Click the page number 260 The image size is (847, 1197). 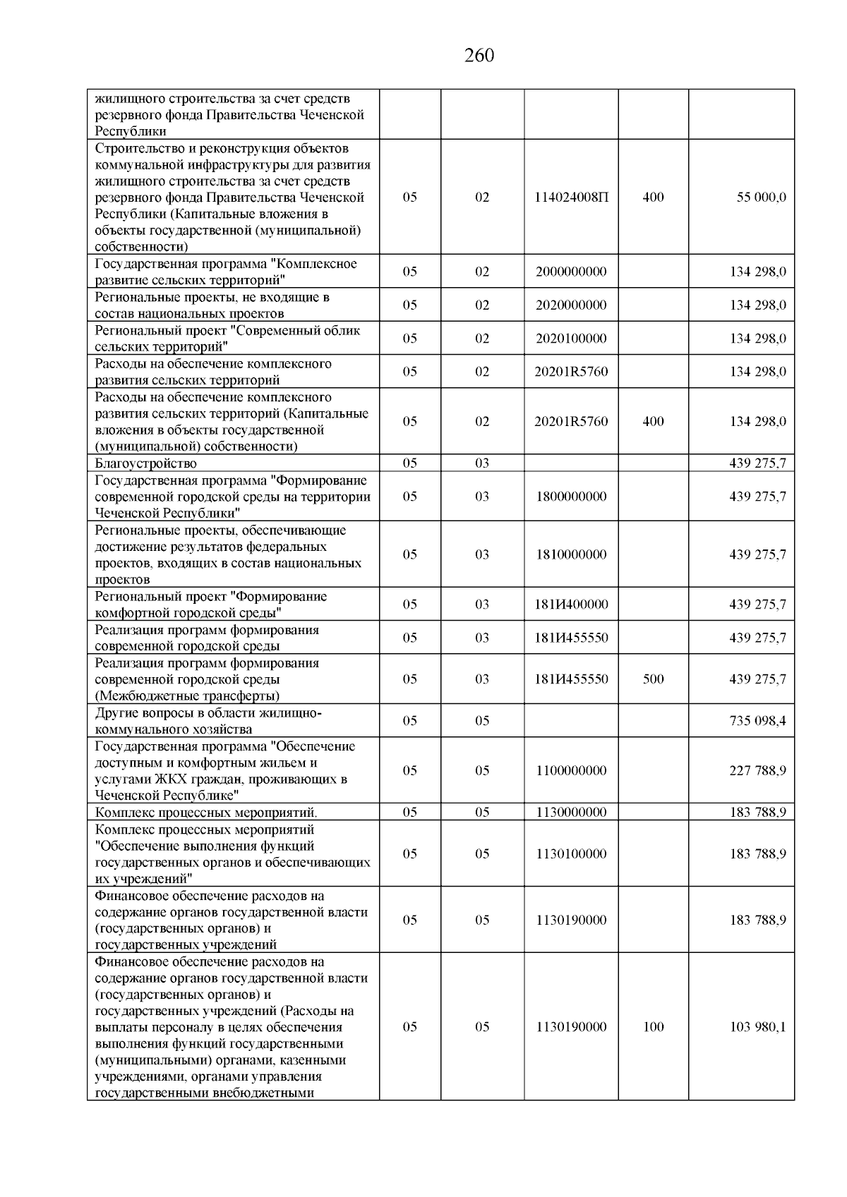pyautogui.click(x=479, y=56)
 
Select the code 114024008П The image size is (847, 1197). pyautogui.click(x=571, y=198)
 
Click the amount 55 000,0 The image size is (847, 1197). pyautogui.click(x=761, y=198)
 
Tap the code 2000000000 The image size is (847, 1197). pyautogui.click(x=571, y=272)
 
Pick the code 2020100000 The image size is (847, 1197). pyautogui.click(x=571, y=339)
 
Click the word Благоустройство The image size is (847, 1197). pyautogui.click(x=146, y=463)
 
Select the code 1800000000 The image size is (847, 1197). pyautogui.click(x=571, y=497)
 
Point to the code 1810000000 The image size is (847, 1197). pyautogui.click(x=571, y=554)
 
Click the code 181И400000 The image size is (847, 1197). pyautogui.click(x=571, y=604)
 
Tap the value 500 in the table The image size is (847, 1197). pyautogui.click(x=653, y=679)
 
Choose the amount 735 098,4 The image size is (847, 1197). pyautogui.click(x=757, y=721)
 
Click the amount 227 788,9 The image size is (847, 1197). pyautogui.click(x=757, y=771)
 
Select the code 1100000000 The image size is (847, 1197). pyautogui.click(x=571, y=771)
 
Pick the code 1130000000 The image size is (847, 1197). pyautogui.click(x=571, y=812)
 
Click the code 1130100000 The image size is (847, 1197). pyautogui.click(x=571, y=854)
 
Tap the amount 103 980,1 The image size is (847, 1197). pyautogui.click(x=757, y=1027)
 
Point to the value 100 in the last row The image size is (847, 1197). pyautogui.click(x=653, y=1027)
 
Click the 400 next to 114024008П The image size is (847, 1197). pyautogui.click(x=653, y=198)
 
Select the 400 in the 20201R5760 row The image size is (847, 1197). pyautogui.click(x=653, y=422)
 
